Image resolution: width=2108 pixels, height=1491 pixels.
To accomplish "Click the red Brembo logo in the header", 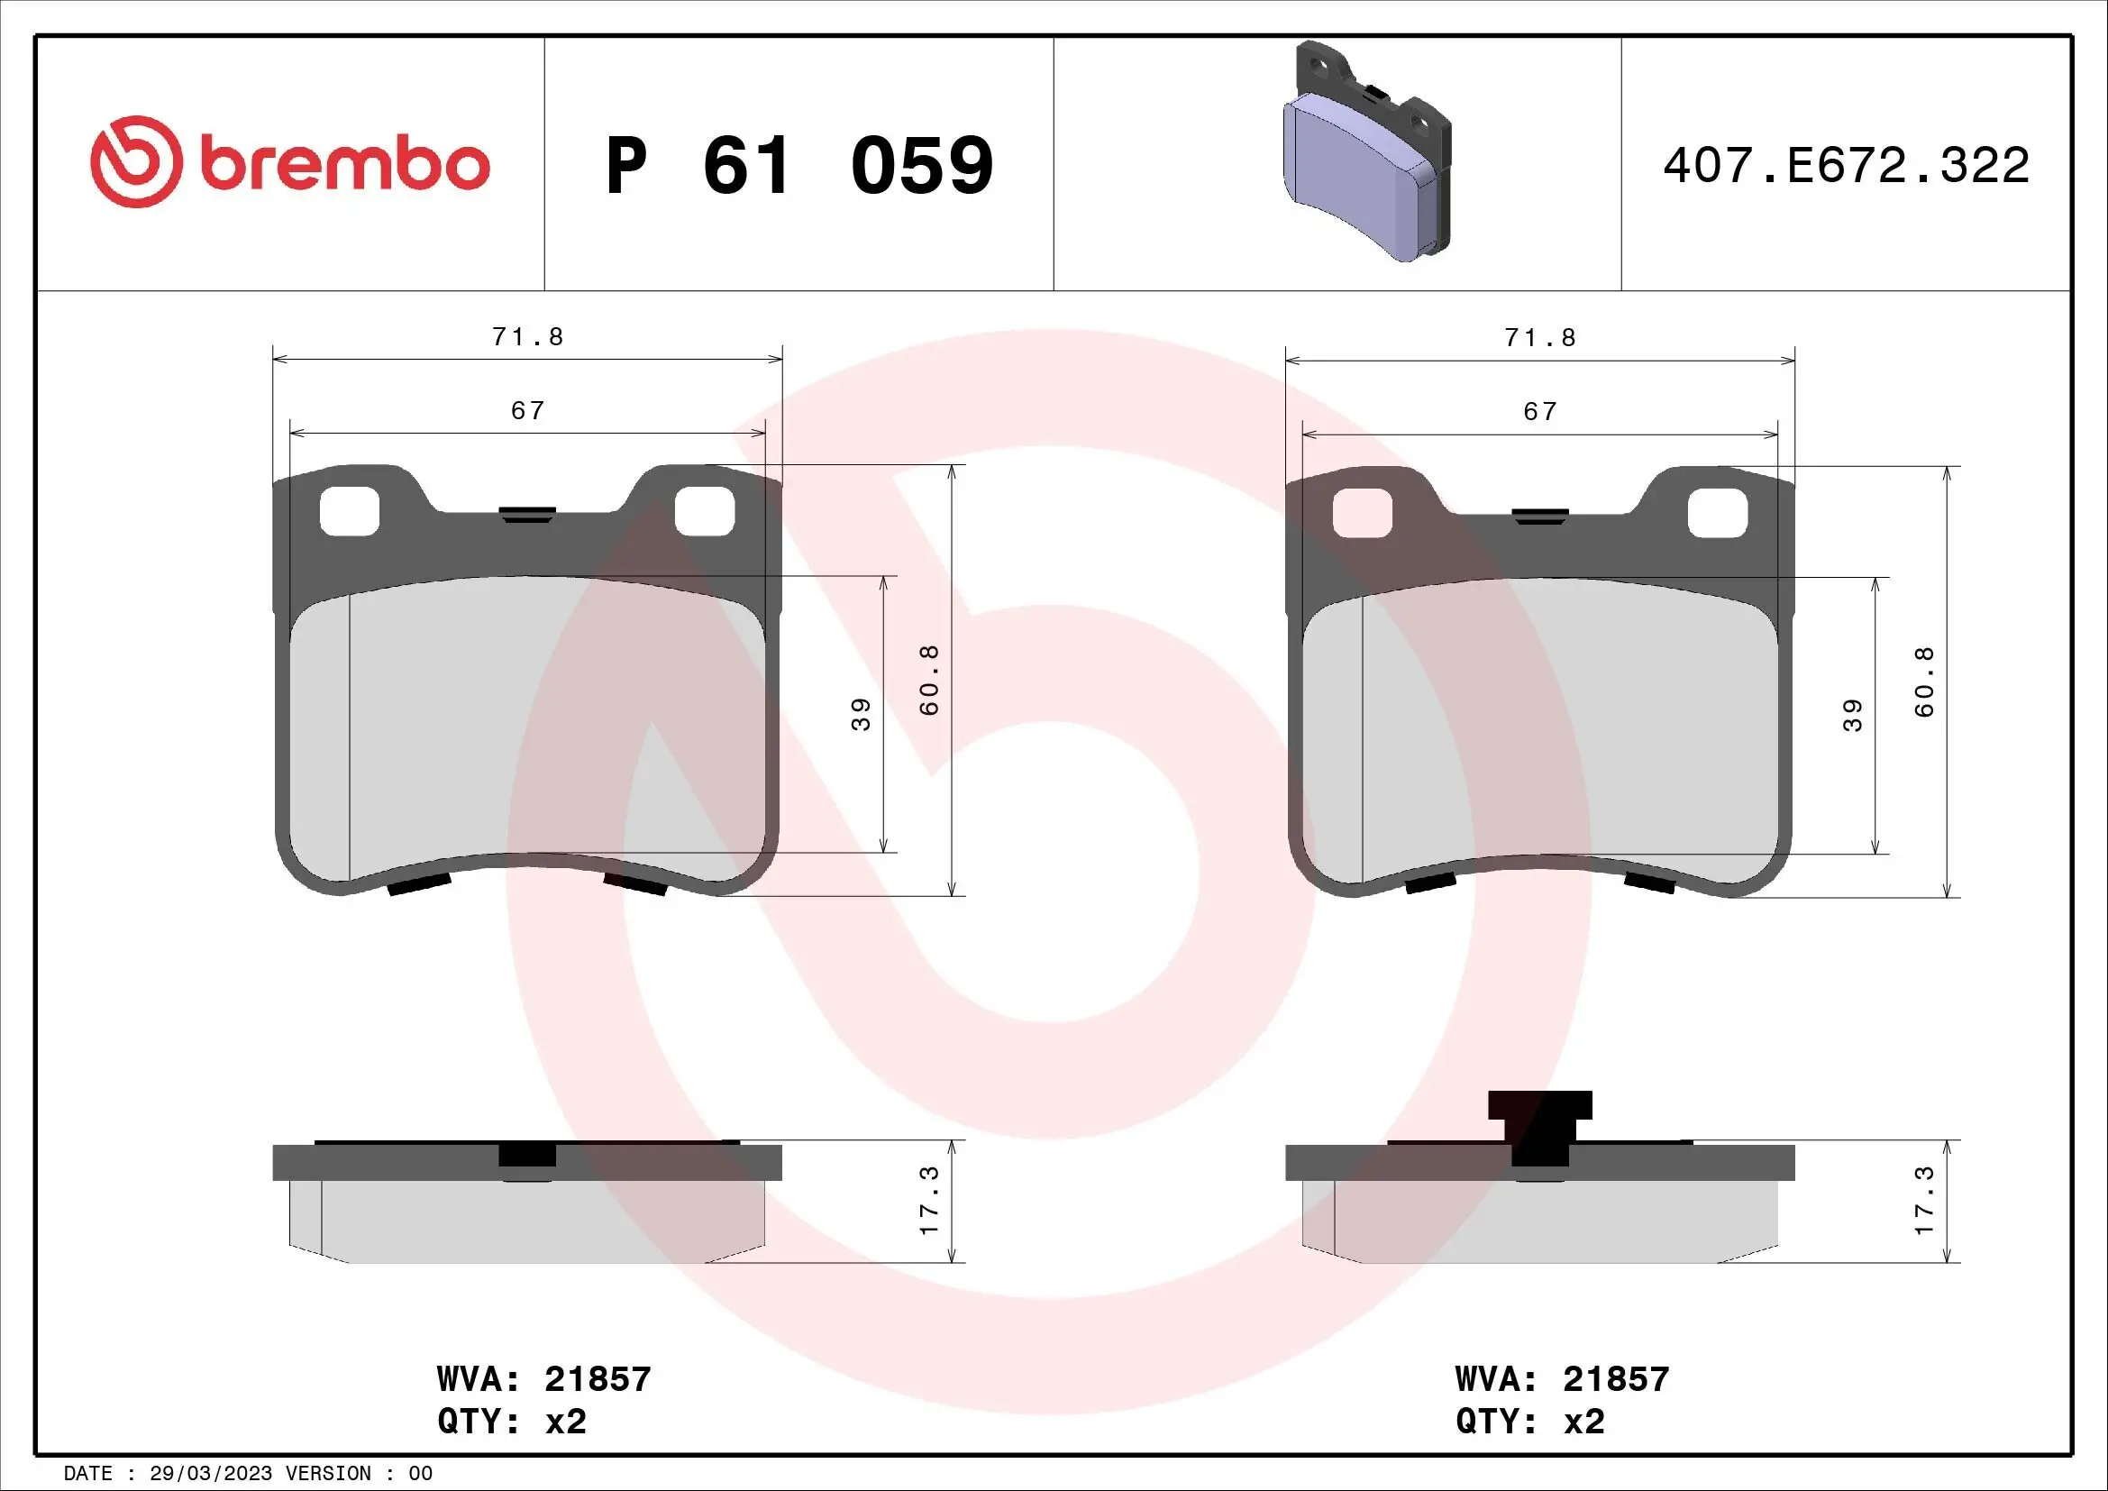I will pyautogui.click(x=290, y=162).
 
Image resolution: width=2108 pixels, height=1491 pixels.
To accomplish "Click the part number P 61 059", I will pyautogui.click(x=798, y=166).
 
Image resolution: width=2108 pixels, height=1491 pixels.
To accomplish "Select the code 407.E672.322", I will pyautogui.click(x=1846, y=166).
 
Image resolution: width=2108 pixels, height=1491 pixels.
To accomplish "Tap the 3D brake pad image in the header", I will pyautogui.click(x=1365, y=152).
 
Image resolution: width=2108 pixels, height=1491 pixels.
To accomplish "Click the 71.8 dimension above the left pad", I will pyautogui.click(x=527, y=337).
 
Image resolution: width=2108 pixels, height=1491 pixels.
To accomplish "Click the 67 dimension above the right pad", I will pyautogui.click(x=1539, y=411).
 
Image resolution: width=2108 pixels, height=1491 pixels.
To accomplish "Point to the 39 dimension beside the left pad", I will pyautogui.click(x=862, y=714).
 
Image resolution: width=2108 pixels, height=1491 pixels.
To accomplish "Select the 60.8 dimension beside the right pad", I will pyautogui.click(x=1924, y=682).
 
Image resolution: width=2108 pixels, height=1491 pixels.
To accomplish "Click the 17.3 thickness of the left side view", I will pyautogui.click(x=929, y=1201).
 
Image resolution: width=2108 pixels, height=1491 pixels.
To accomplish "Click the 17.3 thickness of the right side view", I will pyautogui.click(x=1924, y=1201).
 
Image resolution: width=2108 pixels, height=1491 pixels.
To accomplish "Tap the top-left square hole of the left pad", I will pyautogui.click(x=349, y=510).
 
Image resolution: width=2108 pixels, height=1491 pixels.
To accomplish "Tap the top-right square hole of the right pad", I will pyautogui.click(x=1717, y=511).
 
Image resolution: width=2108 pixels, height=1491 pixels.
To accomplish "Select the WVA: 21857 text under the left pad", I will pyautogui.click(x=543, y=1379).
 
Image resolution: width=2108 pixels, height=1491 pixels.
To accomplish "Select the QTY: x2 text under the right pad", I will pyautogui.click(x=1529, y=1422).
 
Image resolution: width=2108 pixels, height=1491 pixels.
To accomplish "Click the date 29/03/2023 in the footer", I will pyautogui.click(x=210, y=1474).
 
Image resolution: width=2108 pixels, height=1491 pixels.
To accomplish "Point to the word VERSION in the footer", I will pyautogui.click(x=328, y=1474).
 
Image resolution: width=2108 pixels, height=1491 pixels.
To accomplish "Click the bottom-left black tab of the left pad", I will pyautogui.click(x=419, y=884).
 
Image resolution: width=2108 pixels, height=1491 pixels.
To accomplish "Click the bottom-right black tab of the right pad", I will pyautogui.click(x=1649, y=883).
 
